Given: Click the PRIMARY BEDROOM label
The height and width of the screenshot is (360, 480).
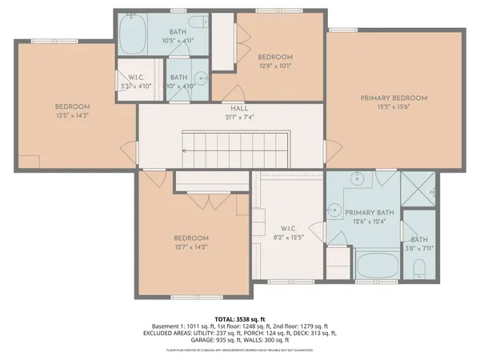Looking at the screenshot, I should tap(393, 98).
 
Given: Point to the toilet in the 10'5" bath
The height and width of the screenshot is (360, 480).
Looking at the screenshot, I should tap(199, 22).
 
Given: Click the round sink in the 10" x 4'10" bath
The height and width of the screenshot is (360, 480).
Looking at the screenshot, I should tap(201, 78).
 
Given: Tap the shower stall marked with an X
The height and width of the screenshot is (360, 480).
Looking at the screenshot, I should tap(419, 190).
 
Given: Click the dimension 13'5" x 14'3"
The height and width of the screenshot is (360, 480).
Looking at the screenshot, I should tap(72, 116).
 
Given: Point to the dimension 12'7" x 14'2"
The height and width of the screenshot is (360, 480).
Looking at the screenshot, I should tap(191, 248).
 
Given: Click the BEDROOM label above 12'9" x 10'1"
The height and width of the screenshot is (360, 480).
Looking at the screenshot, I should tap(274, 58).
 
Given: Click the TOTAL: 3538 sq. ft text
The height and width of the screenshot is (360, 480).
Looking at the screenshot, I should tap(240, 318).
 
